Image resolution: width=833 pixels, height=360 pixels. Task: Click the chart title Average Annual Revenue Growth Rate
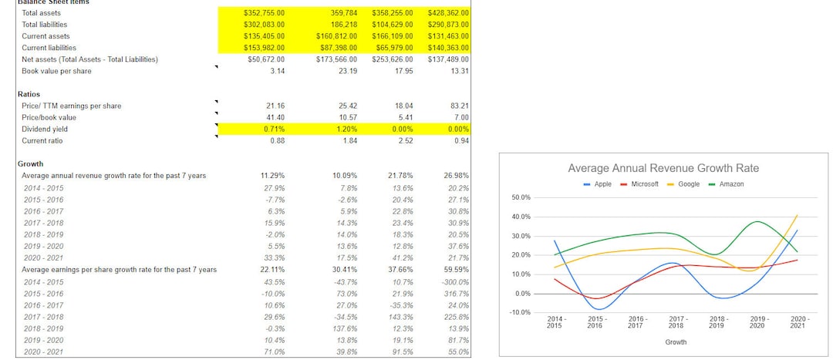(663, 168)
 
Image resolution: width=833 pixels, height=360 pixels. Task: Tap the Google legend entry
(688, 184)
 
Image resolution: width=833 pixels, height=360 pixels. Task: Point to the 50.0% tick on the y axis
(521, 198)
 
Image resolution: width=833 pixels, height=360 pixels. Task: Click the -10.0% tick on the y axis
(521, 312)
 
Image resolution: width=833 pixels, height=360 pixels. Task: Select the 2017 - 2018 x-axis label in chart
(676, 322)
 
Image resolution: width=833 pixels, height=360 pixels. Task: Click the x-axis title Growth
(676, 341)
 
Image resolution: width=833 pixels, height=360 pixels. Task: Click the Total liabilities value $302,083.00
(264, 25)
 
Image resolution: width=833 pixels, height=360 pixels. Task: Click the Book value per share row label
(56, 71)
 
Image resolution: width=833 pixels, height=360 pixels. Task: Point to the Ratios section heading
(29, 94)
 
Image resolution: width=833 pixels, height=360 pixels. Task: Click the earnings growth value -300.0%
(455, 281)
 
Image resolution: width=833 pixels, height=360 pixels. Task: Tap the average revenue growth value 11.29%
(273, 176)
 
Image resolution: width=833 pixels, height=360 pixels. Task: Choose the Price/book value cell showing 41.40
(275, 117)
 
